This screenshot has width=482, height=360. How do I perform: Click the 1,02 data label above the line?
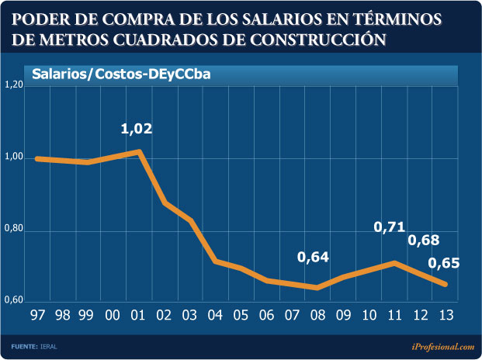pyautogui.click(x=137, y=129)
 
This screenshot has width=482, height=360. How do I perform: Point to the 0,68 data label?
pyautogui.click(x=424, y=240)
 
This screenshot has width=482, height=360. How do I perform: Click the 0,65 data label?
pyautogui.click(x=443, y=263)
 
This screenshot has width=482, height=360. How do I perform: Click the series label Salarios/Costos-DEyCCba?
pyautogui.click(x=121, y=74)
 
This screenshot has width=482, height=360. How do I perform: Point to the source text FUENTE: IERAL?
pyautogui.click(x=34, y=346)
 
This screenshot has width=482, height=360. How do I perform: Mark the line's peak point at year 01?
pyautogui.click(x=138, y=151)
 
